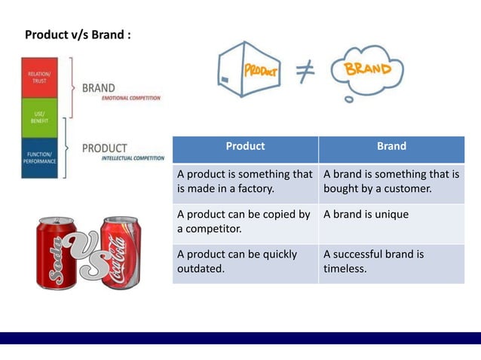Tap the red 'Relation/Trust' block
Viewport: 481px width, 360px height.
pos(39,78)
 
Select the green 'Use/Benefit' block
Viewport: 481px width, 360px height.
pos(39,117)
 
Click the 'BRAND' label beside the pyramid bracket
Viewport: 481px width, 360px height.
pos(99,87)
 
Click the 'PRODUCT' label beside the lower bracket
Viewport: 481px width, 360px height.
pos(105,148)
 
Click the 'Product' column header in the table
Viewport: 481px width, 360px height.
pos(245,147)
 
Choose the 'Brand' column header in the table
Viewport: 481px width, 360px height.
pos(391,147)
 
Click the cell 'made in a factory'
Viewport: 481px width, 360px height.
pos(245,182)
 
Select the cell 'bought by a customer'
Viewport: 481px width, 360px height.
pos(391,182)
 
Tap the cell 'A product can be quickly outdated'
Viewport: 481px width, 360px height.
pos(245,261)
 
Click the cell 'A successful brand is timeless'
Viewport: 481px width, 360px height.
pos(391,261)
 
